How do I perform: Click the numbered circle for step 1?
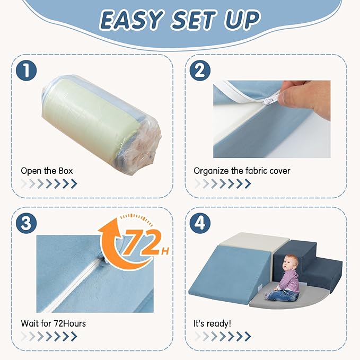click(26, 71)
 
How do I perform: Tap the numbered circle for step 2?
click(200, 71)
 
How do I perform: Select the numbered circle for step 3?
click(26, 223)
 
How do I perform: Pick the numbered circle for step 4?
click(200, 223)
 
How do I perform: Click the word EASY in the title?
click(131, 20)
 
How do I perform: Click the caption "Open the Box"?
click(47, 171)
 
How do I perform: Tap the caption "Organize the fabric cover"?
click(242, 171)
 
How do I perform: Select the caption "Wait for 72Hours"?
click(53, 323)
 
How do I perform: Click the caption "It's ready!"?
click(212, 323)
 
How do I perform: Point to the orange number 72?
click(142, 243)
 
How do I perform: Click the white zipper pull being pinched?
click(271, 99)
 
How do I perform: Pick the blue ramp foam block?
click(229, 273)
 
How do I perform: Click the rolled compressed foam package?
click(101, 125)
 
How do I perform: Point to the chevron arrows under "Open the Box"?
click(49, 183)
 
